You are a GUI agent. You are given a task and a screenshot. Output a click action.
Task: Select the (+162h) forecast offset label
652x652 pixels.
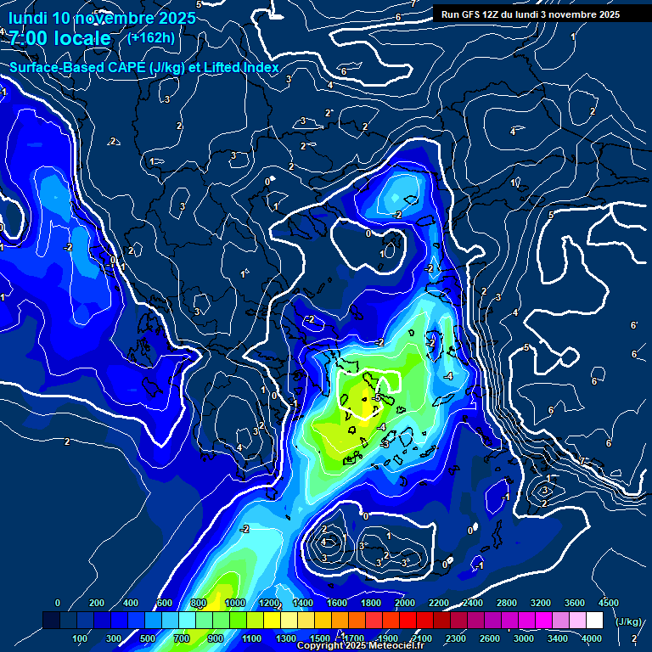(151, 37)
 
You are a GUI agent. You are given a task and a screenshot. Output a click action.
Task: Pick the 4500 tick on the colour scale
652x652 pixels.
(608, 602)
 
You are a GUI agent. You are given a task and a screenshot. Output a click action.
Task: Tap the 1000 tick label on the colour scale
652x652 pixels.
(235, 602)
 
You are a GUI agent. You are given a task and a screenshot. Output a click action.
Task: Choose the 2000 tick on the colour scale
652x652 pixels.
(404, 602)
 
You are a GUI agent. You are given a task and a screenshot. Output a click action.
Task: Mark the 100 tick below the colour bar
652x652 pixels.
(80, 638)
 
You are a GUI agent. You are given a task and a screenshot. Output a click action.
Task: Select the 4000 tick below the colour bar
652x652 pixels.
(593, 638)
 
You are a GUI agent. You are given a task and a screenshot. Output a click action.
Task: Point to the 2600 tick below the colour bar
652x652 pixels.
(490, 638)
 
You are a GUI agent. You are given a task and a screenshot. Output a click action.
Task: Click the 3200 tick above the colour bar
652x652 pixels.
(540, 602)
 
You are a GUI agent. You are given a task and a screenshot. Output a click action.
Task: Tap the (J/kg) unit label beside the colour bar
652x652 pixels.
(627, 621)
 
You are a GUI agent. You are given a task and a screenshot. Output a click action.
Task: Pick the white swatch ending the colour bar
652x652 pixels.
(594, 621)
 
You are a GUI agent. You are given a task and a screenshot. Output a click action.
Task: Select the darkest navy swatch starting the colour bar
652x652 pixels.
(51, 621)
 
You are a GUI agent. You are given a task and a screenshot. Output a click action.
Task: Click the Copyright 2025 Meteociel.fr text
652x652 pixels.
(360, 646)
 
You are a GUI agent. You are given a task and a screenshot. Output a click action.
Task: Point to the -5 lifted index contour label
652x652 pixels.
(374, 397)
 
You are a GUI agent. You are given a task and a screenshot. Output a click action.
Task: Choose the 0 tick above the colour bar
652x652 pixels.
(58, 602)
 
